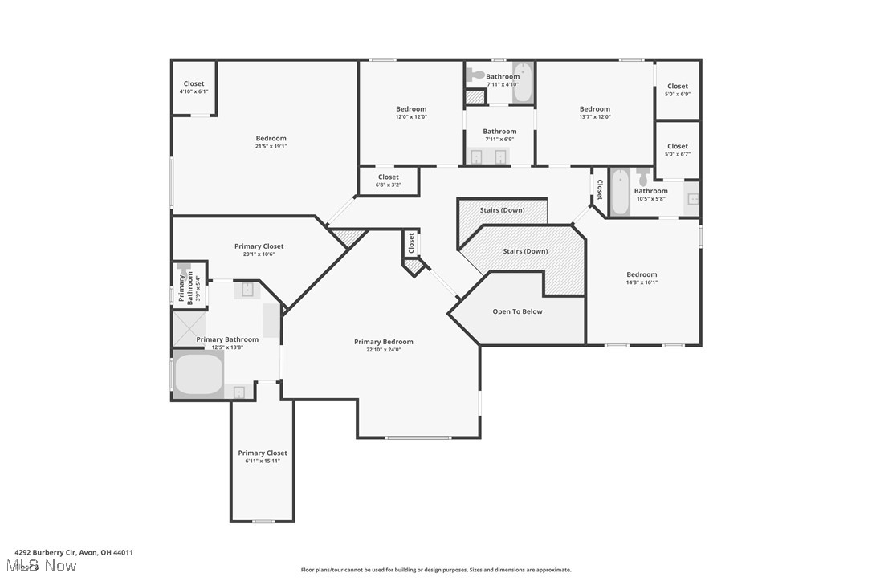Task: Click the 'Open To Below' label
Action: click(517, 311)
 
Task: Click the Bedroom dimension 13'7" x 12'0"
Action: click(594, 116)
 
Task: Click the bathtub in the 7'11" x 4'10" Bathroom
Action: click(522, 83)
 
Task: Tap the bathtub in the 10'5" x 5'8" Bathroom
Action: click(620, 193)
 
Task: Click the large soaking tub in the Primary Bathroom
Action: click(198, 375)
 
